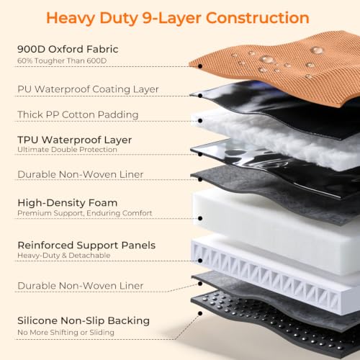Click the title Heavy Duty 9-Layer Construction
click(178, 18)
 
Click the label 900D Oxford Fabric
click(68, 49)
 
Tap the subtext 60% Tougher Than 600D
click(62, 60)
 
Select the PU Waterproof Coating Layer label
click(88, 89)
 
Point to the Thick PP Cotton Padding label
click(78, 114)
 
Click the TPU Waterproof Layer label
click(75, 140)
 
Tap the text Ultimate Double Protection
click(67, 150)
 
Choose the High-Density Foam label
click(68, 203)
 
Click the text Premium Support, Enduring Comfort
click(85, 213)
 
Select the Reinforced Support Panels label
click(86, 246)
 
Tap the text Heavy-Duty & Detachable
click(64, 256)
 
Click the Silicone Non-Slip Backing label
click(84, 321)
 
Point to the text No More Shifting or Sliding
click(66, 333)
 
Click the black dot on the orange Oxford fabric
click(200, 66)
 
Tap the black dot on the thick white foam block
click(200, 218)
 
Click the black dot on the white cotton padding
click(200, 120)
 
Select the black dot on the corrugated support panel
click(200, 261)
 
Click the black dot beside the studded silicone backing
click(200, 313)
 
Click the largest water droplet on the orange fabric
click(267, 59)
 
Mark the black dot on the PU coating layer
click(200, 96)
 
